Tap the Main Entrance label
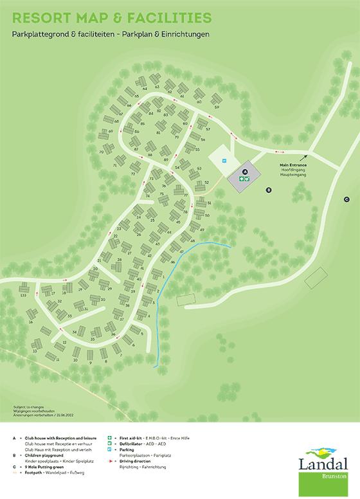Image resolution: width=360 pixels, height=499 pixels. pyautogui.click(x=292, y=165)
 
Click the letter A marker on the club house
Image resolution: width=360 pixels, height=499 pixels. pyautogui.click(x=244, y=172)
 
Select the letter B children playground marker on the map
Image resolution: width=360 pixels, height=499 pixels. pyautogui.click(x=269, y=190)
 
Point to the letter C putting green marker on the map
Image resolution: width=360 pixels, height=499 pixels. pyautogui.click(x=346, y=199)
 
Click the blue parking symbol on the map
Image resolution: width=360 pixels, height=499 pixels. pyautogui.click(x=224, y=160)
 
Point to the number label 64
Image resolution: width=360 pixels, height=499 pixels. pyautogui.click(x=146, y=87)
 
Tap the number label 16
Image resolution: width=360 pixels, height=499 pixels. pyautogui.click(x=31, y=322)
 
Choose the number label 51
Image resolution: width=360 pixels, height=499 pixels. pyautogui.click(x=210, y=203)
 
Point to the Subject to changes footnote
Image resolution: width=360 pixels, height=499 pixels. pyautogui.click(x=26, y=407)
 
